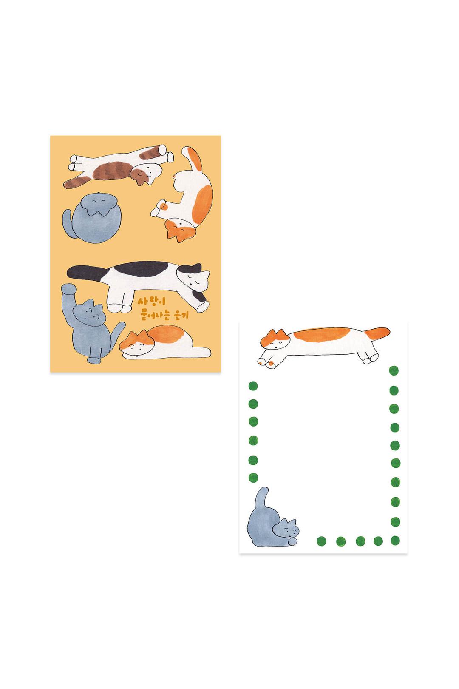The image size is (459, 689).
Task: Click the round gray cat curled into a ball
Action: click(x=92, y=217)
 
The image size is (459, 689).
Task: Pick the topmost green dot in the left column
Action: click(x=253, y=386)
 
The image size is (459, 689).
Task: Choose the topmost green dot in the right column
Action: click(x=394, y=370)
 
